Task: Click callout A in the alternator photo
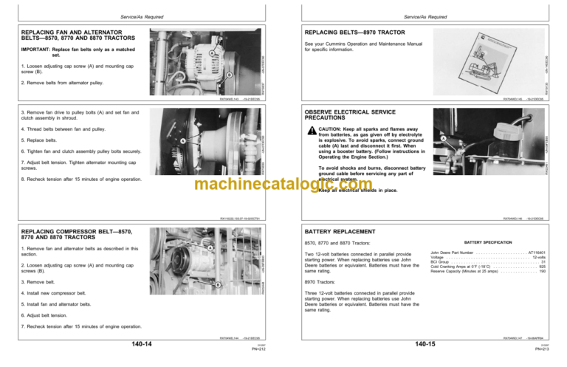[212, 54]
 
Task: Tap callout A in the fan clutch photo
[182, 141]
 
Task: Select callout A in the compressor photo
[210, 248]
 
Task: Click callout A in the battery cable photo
[442, 138]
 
